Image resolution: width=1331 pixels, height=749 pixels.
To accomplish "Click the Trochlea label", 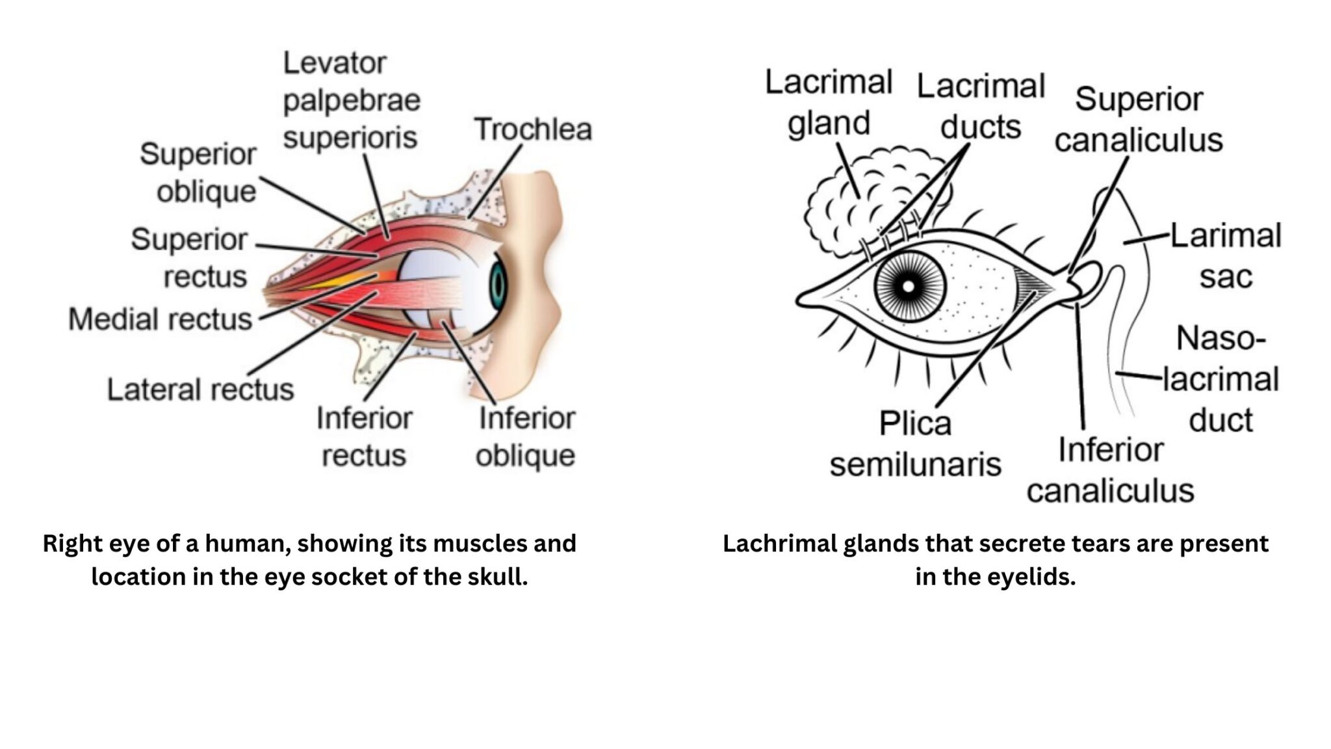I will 533,129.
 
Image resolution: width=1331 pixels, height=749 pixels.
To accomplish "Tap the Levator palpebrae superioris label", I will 352,101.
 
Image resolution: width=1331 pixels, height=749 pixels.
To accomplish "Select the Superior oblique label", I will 198,173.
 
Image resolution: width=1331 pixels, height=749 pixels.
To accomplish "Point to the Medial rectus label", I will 160,319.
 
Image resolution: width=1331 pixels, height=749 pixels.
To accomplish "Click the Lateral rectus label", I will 200,390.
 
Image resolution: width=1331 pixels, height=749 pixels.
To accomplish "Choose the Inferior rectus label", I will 364,437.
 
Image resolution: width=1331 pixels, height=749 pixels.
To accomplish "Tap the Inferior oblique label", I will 526,437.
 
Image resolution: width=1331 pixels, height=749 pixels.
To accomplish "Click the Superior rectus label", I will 189,258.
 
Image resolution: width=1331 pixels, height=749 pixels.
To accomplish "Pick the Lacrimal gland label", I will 829,103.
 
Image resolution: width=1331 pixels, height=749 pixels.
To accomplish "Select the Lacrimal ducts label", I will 981,106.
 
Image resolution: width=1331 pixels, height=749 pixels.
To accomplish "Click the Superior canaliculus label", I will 1139,120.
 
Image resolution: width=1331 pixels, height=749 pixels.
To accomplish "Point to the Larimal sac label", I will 1226,256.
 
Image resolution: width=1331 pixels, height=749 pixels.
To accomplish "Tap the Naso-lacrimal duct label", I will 1221,379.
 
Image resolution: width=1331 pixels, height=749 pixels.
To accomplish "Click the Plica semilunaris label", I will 915,444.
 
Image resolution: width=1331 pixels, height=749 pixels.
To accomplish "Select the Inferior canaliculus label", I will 1111,470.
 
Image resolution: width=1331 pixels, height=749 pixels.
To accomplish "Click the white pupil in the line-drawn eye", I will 909,286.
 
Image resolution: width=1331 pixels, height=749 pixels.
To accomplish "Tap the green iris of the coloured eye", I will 498,284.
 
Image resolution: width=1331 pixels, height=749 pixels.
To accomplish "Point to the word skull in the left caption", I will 497,577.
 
